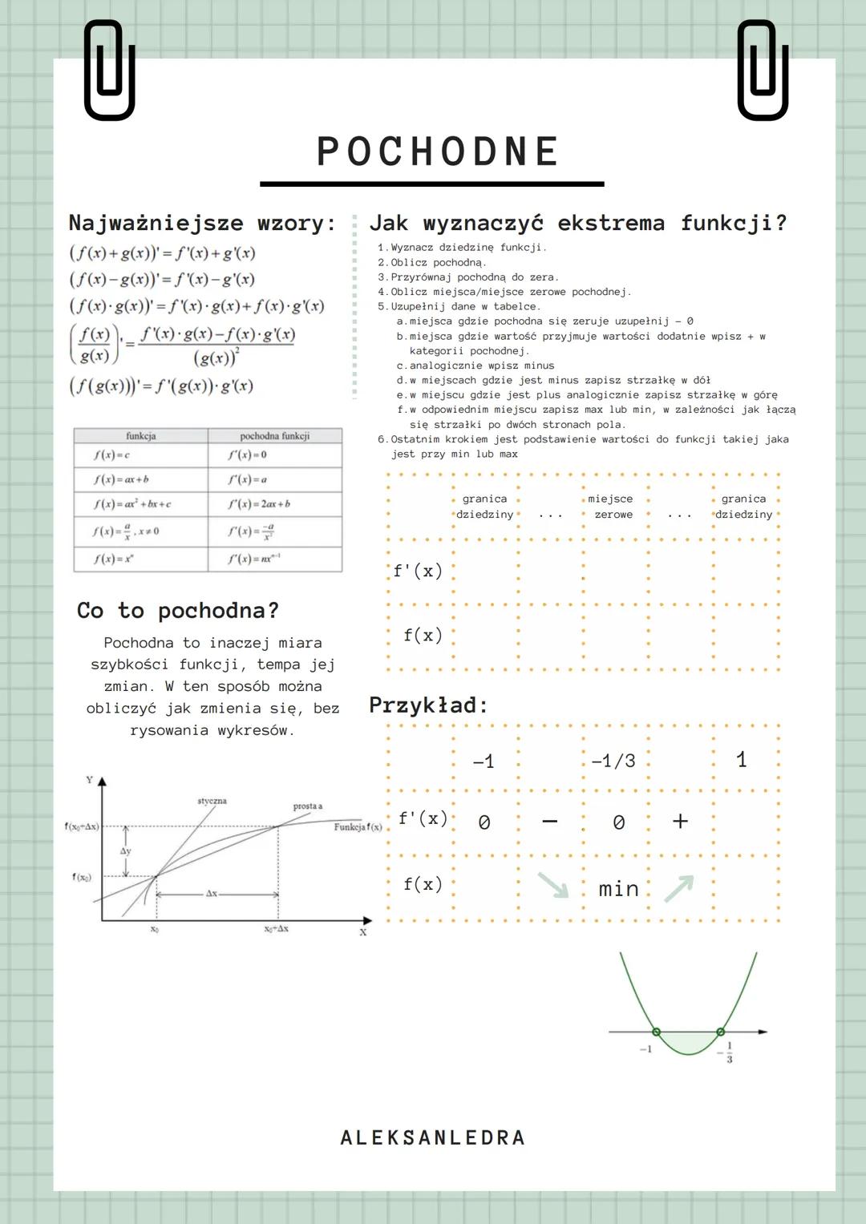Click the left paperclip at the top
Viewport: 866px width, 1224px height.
109,71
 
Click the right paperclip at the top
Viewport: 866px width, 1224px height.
763,71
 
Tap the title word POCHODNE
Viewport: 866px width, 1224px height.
438,151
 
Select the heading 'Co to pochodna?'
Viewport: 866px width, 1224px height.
177,611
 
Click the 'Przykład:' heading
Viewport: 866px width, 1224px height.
428,705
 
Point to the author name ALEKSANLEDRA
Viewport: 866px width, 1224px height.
433,1137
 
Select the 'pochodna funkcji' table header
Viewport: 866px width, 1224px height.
274,436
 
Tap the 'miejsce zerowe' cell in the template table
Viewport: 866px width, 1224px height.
613,507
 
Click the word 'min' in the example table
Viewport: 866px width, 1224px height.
618,889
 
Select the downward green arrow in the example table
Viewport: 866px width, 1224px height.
552,885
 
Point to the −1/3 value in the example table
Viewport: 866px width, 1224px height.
613,761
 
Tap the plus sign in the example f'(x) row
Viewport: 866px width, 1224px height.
680,821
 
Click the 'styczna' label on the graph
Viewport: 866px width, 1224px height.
212,801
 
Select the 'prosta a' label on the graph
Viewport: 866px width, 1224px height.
308,806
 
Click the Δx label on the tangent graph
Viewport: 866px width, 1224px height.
211,893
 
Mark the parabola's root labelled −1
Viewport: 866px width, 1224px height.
656,1032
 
